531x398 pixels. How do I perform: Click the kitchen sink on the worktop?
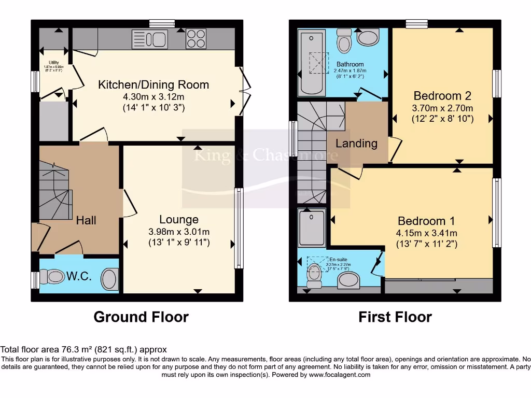(x=148, y=39)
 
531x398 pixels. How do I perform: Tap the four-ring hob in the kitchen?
(x=195, y=38)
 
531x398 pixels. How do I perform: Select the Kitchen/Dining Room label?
(x=153, y=84)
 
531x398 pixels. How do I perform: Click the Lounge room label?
(x=179, y=220)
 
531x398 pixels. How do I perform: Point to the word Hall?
(x=86, y=220)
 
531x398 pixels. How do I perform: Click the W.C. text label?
(x=79, y=276)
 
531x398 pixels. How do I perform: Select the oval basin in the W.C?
(x=109, y=279)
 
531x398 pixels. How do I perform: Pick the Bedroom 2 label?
(x=442, y=96)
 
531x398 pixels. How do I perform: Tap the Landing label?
(x=356, y=143)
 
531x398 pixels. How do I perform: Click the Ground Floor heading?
(x=141, y=317)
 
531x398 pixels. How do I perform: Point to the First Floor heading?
(x=395, y=317)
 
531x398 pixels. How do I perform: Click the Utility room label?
(x=54, y=63)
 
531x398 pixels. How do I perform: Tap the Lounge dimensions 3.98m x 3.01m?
(x=179, y=232)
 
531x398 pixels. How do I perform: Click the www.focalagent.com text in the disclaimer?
(x=339, y=375)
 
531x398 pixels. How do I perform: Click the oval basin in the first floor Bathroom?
(x=368, y=38)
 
